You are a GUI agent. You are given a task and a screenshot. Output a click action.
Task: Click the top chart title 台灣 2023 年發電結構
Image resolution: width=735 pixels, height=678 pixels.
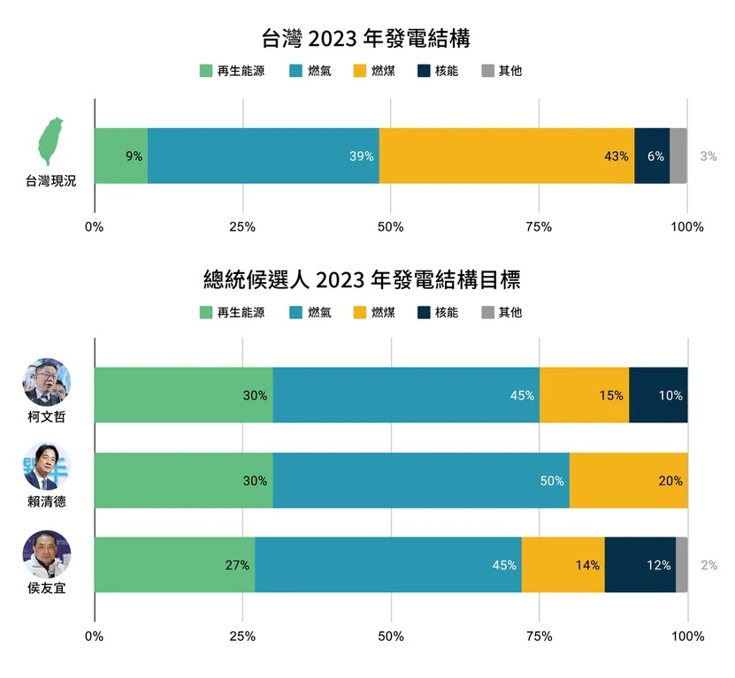(366, 39)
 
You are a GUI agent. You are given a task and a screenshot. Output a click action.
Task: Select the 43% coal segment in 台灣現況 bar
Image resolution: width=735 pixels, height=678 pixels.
(506, 156)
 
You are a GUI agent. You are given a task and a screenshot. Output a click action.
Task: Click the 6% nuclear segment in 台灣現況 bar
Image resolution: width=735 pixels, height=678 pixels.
(652, 156)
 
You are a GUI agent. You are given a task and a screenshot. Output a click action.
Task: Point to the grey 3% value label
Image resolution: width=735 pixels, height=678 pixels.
(708, 156)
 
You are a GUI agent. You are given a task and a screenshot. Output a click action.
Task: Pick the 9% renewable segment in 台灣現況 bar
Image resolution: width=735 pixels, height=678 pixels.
(120, 156)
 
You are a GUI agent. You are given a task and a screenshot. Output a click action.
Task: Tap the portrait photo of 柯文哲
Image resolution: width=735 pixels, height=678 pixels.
(47, 383)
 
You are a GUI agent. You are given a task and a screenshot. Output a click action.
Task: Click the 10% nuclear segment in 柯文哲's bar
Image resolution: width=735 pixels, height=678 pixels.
(658, 395)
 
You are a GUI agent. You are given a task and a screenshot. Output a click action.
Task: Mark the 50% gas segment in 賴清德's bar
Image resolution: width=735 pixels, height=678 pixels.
(421, 481)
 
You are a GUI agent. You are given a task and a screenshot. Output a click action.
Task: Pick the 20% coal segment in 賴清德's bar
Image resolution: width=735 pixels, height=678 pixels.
(628, 481)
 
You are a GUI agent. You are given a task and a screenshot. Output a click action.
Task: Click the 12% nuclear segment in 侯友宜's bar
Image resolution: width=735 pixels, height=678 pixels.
(640, 565)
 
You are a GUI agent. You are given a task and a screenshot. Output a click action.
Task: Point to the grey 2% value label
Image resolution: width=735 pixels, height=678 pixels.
(708, 566)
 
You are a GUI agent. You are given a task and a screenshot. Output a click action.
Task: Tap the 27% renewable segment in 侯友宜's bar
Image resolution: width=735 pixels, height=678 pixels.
(174, 565)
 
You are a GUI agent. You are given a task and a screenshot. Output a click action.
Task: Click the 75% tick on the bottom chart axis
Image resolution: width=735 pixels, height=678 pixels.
(539, 636)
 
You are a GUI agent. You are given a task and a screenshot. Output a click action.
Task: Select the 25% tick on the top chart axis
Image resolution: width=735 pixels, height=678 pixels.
(242, 227)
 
